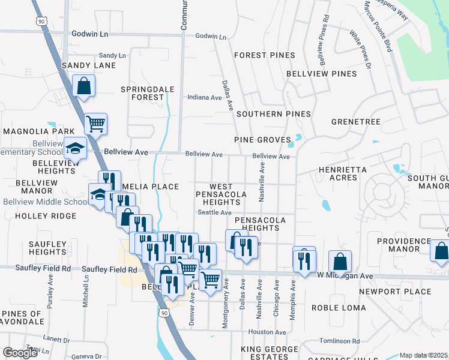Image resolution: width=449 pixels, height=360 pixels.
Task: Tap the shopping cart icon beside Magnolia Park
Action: point(96,124)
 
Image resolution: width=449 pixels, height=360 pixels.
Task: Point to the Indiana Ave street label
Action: point(205,97)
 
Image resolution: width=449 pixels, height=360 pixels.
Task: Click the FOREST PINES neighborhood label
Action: point(265,55)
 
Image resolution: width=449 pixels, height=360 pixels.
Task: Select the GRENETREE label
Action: point(357,122)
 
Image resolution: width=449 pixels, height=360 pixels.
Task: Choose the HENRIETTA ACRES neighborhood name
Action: point(343,174)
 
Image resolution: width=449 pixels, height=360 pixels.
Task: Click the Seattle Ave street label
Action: point(215,212)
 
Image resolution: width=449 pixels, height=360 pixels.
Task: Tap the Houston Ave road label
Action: point(267,332)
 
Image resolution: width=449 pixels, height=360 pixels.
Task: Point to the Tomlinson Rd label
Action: point(340,341)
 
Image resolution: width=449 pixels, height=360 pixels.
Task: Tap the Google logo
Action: point(20,353)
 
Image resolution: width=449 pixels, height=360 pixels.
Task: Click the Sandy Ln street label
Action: point(112,55)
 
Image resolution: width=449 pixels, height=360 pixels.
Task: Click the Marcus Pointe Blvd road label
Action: point(378,25)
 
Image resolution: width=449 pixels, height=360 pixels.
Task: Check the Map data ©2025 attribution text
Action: point(423,355)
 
